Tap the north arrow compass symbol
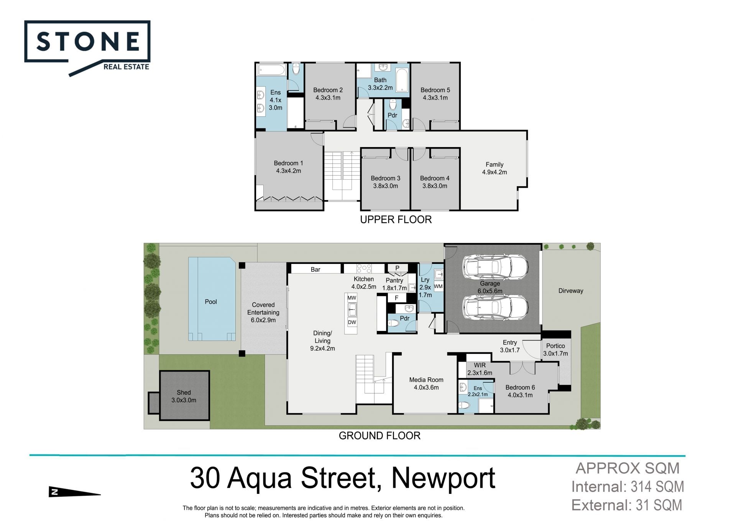74,492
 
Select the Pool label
211,302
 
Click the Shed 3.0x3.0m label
184,396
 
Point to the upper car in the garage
495,267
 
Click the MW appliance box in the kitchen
352,298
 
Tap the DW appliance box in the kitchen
352,322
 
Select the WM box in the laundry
439,287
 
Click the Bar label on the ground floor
315,270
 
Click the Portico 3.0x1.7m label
555,350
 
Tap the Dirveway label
571,291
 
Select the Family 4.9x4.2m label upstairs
495,168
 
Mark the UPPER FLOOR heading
396,220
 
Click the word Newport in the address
444,478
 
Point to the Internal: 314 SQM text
628,487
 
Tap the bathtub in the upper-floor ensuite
271,70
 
